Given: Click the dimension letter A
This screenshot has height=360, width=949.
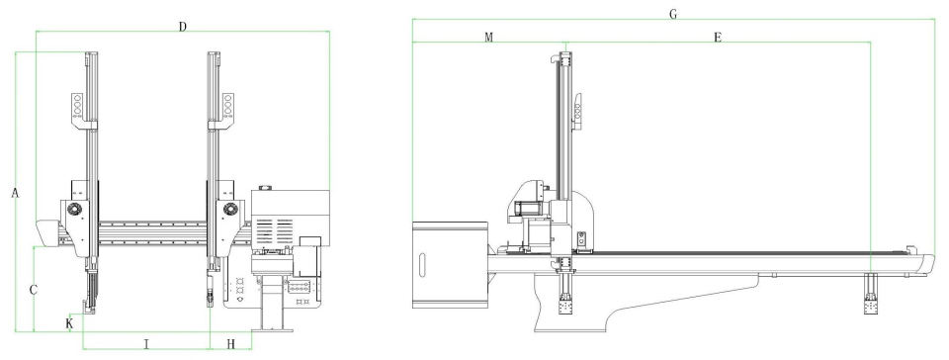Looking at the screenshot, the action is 15,193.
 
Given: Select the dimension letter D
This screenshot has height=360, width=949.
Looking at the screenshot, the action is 183,26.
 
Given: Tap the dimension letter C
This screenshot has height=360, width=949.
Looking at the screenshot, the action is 34,291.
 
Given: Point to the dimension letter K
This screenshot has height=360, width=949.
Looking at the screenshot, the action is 69,324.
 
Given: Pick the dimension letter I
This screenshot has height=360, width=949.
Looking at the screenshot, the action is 146,344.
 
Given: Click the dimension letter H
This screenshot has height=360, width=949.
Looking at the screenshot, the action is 230,344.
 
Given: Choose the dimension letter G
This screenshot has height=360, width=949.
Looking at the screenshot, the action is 673,14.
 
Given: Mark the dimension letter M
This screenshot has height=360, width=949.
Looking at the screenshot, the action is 489,38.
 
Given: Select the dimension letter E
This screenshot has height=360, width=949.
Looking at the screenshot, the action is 718,38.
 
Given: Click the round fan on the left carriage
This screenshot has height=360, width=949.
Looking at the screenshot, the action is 75,210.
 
